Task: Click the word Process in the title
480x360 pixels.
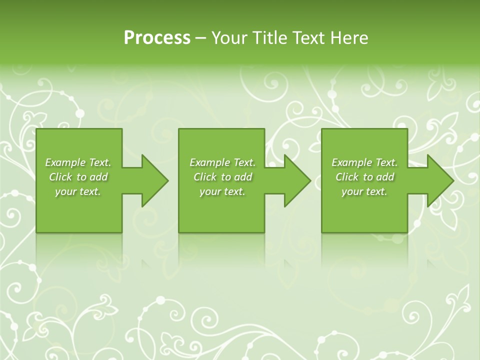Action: (x=157, y=38)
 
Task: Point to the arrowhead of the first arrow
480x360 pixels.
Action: (x=155, y=180)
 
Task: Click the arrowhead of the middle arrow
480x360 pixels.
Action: (x=297, y=180)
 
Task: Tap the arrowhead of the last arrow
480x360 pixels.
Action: (x=440, y=180)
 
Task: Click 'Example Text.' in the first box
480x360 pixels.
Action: (x=78, y=162)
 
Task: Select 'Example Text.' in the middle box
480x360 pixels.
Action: (x=222, y=162)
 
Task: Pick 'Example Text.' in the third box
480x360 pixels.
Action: (x=364, y=162)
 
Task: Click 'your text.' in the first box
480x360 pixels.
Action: (x=78, y=191)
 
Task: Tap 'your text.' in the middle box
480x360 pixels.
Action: (x=222, y=191)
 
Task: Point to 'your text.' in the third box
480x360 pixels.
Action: (x=364, y=191)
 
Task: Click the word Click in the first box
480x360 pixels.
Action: (x=60, y=177)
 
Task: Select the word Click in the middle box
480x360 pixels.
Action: (x=205, y=177)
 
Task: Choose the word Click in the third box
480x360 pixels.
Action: (x=347, y=177)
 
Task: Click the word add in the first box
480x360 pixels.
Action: (x=98, y=177)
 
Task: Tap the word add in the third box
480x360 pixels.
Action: (x=385, y=177)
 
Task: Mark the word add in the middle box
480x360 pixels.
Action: (x=243, y=177)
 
